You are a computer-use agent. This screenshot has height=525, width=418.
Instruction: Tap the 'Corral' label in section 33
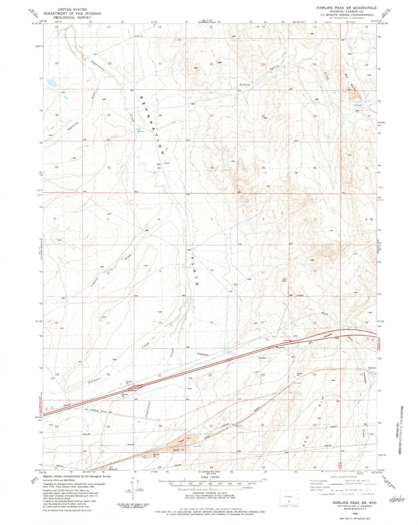pyautogui.click(x=167, y=163)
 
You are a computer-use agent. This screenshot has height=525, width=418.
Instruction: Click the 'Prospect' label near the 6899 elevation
pyautogui.click(x=300, y=295)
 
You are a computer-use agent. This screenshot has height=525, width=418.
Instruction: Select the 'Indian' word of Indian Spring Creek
pyautogui.click(x=244, y=85)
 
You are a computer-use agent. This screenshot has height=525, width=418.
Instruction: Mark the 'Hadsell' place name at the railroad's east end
pyautogui.click(x=372, y=368)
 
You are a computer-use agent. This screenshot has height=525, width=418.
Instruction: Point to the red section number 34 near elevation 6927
pyautogui.click(x=212, y=168)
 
